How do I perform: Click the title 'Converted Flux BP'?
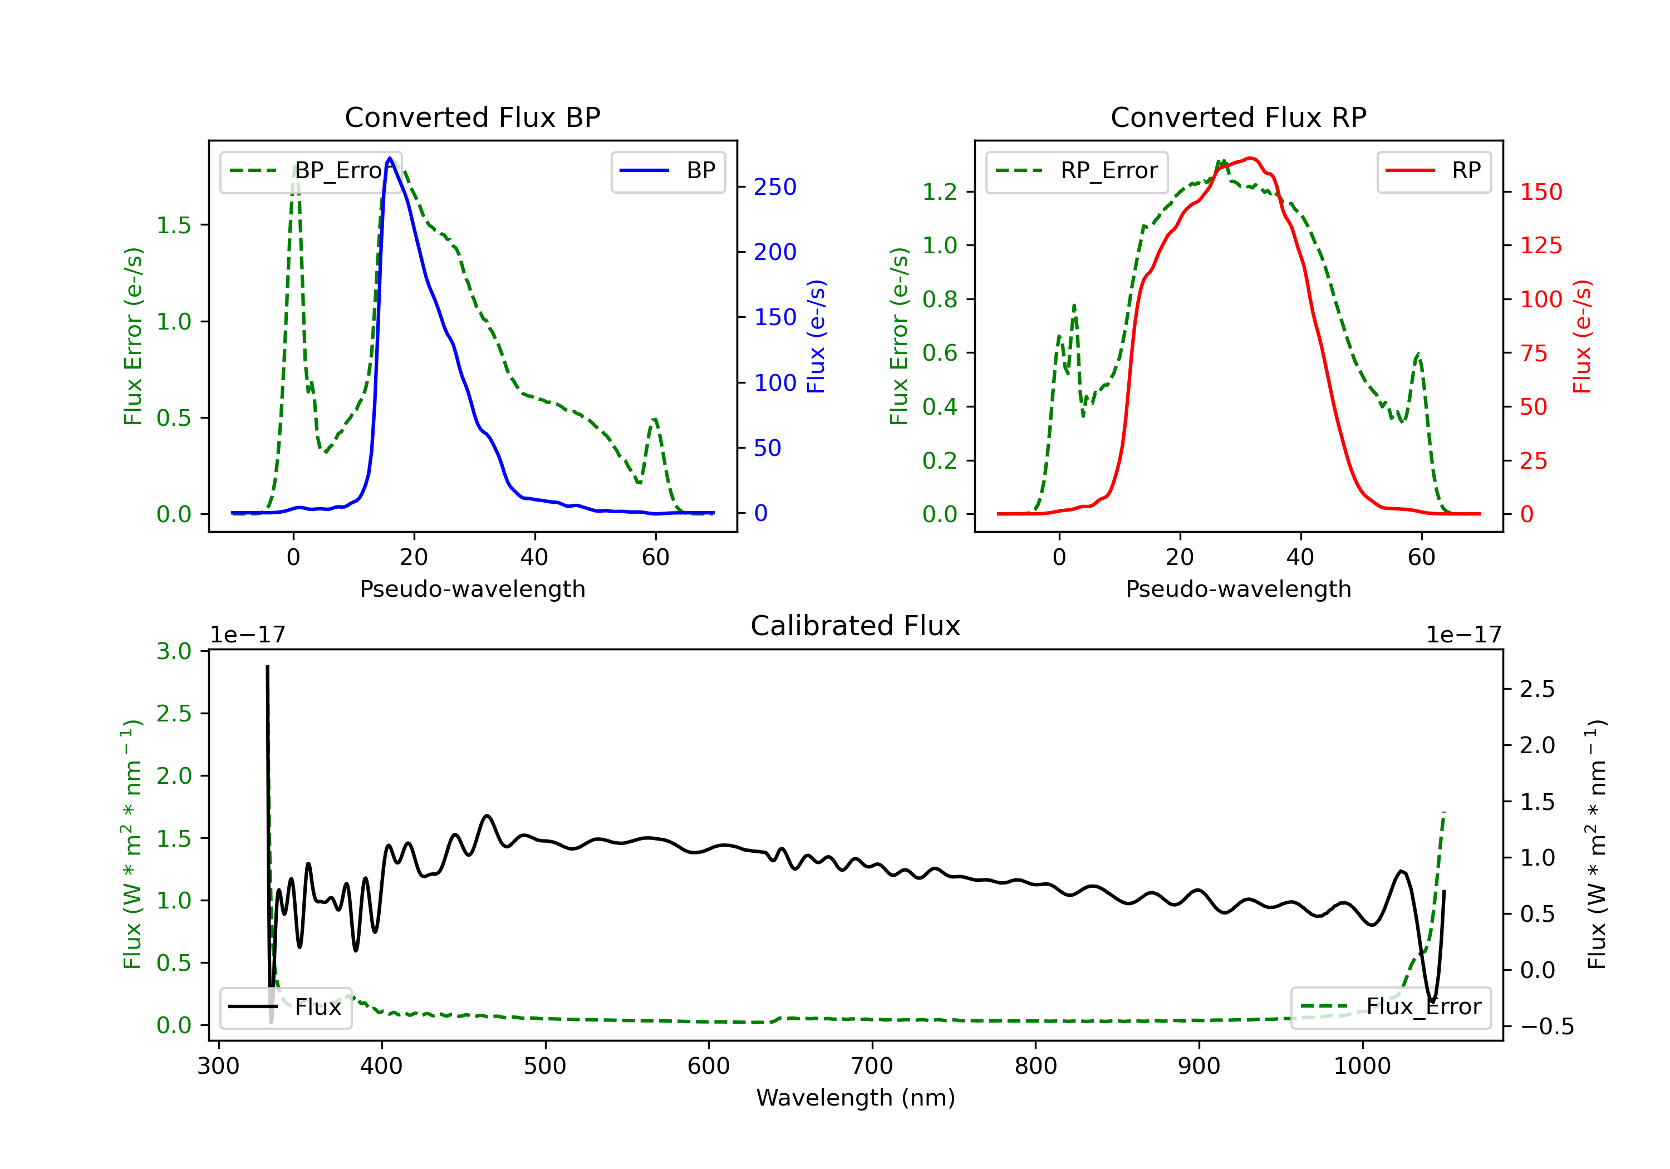coord(472,117)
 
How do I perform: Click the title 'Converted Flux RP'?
coord(1238,117)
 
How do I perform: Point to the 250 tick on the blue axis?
coord(775,187)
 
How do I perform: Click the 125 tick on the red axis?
coord(1540,245)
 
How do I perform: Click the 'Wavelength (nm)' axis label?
coord(856,1098)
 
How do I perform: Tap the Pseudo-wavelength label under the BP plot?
coord(472,588)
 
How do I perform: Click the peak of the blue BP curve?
coord(390,159)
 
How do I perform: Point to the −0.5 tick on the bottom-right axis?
coord(1546,1026)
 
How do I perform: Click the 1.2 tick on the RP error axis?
coord(939,192)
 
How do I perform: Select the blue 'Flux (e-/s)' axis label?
coord(816,337)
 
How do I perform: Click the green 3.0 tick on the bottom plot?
coord(173,651)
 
